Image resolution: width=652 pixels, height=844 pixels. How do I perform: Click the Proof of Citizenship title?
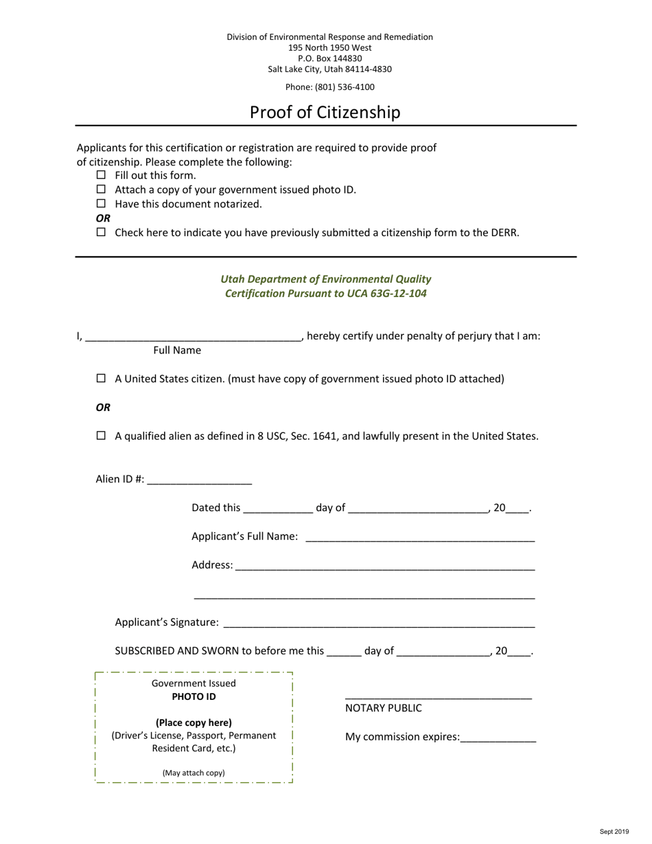[x=325, y=112]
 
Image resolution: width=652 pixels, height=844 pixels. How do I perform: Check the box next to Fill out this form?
[x=102, y=175]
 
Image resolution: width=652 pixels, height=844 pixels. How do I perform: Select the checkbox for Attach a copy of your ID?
[x=102, y=189]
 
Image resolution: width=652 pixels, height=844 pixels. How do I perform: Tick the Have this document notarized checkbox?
[x=102, y=204]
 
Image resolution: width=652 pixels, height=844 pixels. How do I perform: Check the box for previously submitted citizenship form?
[x=102, y=232]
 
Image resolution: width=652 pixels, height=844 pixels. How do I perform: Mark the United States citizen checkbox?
[x=102, y=378]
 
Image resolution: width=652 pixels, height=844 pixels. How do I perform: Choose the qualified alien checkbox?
[x=102, y=436]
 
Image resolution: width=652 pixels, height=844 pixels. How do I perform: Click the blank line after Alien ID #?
[x=199, y=480]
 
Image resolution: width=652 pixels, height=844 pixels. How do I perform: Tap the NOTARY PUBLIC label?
[x=383, y=708]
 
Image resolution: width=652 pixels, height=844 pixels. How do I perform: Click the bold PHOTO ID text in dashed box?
[x=194, y=696]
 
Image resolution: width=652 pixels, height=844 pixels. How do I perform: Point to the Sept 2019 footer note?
[x=614, y=832]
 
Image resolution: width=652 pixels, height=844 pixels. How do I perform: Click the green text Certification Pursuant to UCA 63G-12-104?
[x=325, y=294]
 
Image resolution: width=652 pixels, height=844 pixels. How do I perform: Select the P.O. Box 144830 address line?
[x=329, y=58]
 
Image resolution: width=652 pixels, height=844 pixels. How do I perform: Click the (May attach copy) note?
[x=194, y=773]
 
